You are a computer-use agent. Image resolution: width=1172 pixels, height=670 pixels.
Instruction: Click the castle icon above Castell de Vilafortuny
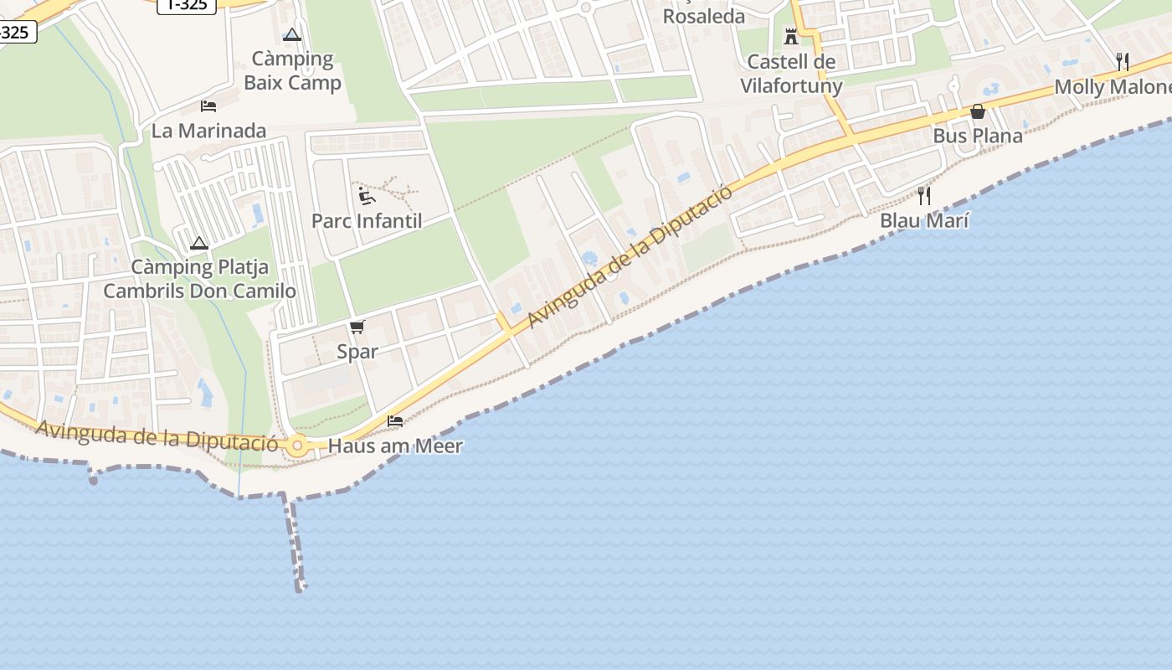[x=791, y=36]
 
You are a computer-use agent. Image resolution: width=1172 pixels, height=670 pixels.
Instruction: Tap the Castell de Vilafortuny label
[x=790, y=73]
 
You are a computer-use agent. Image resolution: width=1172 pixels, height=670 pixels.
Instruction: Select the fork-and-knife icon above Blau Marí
[x=924, y=196]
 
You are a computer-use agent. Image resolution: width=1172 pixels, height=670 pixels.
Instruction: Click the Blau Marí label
[x=924, y=221]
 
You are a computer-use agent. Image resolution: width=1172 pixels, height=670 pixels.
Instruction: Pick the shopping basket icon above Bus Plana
[x=977, y=111]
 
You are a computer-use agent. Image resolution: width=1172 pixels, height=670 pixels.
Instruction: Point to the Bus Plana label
[x=977, y=136]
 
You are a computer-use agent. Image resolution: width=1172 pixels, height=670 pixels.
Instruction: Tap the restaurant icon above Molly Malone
[x=1123, y=61]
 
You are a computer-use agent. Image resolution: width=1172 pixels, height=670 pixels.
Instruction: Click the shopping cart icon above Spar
[x=357, y=327]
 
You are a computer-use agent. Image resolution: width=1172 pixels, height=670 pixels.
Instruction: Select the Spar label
[x=357, y=352]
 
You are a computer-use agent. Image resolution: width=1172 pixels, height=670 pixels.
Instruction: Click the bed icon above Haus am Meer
[x=395, y=420]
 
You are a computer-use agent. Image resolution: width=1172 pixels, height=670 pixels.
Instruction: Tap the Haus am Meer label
[x=395, y=446]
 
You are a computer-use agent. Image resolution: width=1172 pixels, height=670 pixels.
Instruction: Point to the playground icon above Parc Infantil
[x=366, y=196]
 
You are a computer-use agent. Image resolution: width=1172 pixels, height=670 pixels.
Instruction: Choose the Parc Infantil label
[x=367, y=221]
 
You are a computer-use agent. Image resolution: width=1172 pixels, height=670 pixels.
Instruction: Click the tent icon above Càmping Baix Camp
[x=291, y=35]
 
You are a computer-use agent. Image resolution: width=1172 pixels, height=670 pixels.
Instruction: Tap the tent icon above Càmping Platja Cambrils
[x=198, y=244]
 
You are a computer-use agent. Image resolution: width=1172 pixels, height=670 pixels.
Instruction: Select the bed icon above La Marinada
[x=208, y=106]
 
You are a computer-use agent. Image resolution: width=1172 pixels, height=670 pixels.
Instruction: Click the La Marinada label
[x=208, y=131]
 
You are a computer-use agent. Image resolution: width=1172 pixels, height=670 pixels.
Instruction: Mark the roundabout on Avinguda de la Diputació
[x=297, y=446]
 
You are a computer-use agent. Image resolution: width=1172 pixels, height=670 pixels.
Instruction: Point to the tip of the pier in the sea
[x=300, y=589]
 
